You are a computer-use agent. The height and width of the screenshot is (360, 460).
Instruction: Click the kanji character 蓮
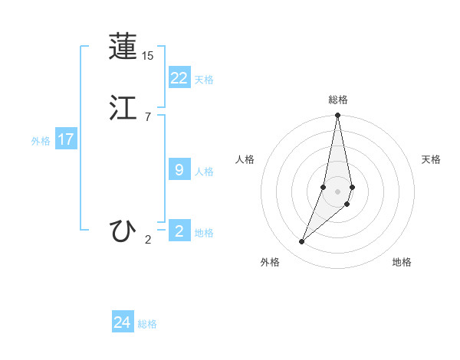pos(123,47)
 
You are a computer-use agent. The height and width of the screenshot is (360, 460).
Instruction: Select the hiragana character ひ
pos(123,231)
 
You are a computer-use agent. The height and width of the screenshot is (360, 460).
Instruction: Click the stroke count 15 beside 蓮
pos(148,56)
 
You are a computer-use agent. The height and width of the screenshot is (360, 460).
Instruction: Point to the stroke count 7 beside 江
pos(148,117)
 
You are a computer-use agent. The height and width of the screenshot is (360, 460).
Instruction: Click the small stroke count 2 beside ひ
pos(148,240)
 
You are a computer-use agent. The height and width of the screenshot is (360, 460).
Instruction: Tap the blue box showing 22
pos(179,77)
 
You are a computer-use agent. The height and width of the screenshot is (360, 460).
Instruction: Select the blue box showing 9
pos(179,170)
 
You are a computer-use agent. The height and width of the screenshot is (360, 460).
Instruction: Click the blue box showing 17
pos(66,139)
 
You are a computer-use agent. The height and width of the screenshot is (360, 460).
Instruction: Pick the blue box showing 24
pos(123,322)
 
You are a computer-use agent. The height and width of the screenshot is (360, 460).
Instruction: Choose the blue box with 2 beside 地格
pos(179,231)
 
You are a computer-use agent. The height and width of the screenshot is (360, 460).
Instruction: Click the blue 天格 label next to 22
pos(204,80)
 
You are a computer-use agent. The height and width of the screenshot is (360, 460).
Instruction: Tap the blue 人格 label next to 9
pos(204,172)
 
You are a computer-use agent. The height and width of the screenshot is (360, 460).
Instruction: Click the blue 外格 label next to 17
pos(41,141)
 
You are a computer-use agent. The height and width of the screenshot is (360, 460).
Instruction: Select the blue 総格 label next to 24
pos(147,324)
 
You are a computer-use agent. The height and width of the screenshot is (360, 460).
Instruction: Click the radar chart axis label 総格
pos(338,100)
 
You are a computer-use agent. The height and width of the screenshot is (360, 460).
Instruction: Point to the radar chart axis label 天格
pos(432,159)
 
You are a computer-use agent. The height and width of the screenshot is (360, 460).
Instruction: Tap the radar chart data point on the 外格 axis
pos(302,242)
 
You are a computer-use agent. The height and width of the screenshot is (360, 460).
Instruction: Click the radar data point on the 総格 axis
pos(338,116)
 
